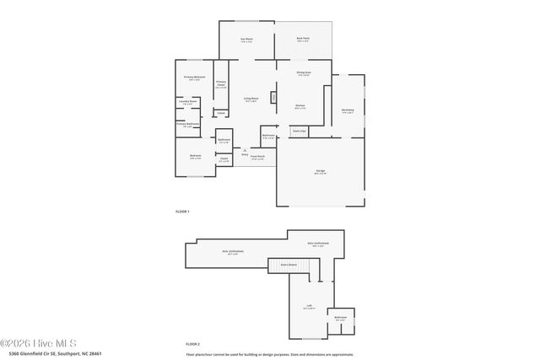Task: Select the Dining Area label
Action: [x=304, y=73]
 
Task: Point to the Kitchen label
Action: [x=300, y=107]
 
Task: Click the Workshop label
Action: [x=348, y=110]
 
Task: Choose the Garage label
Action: [x=321, y=172]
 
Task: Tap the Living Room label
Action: [x=251, y=99]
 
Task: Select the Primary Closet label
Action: [x=221, y=84]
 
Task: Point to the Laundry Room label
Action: [x=187, y=104]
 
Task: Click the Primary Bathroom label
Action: [x=186, y=125]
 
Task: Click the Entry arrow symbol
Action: [x=245, y=150]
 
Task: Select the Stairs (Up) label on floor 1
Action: [x=299, y=131]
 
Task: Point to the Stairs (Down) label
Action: [x=289, y=264]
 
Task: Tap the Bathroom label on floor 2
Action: [x=340, y=318]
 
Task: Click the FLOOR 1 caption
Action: [x=182, y=211]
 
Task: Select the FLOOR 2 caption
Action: [x=193, y=344]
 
